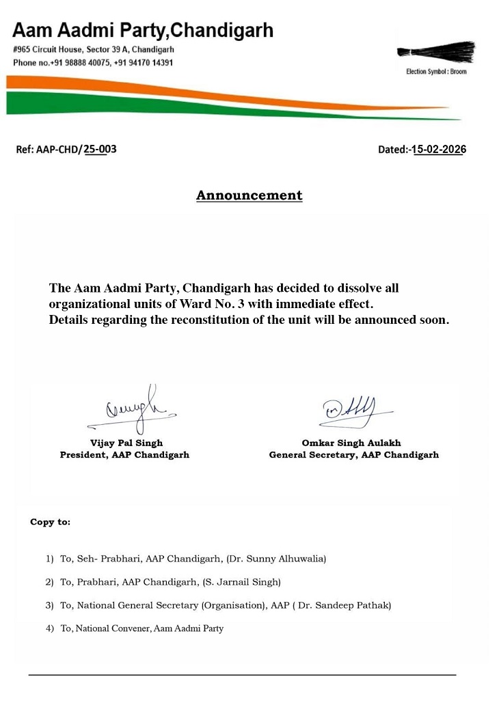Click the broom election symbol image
436,53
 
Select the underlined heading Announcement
249,195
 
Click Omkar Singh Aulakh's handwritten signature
350,411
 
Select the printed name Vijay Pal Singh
126,443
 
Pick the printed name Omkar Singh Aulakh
352,443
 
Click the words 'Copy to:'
50,522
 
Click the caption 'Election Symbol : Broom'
436,72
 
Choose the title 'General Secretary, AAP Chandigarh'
353,455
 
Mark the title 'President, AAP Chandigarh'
124,455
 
